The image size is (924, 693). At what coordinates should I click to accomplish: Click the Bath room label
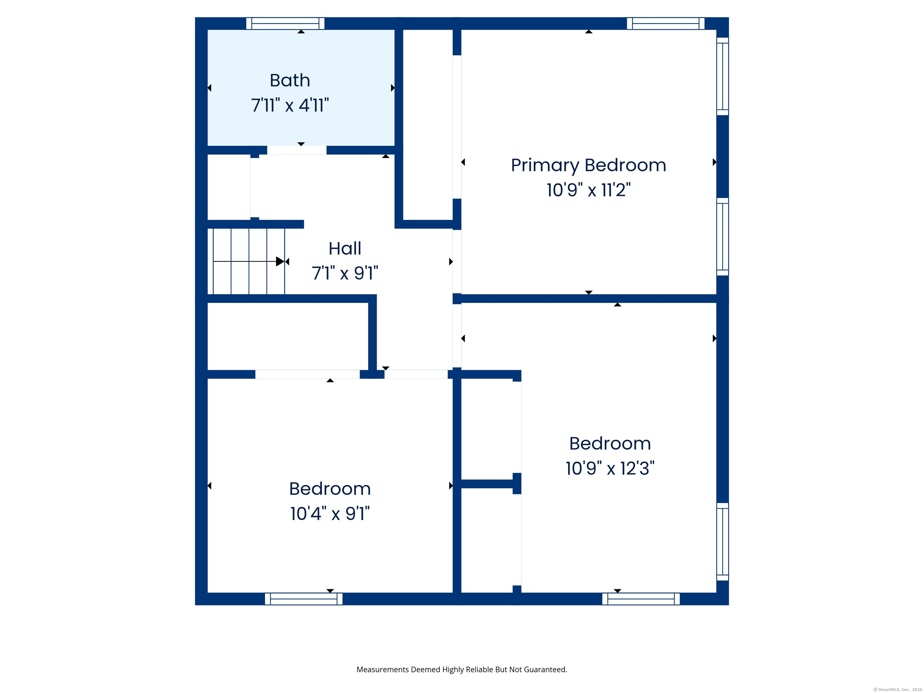click(290, 80)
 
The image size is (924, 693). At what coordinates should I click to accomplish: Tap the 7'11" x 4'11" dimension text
click(290, 105)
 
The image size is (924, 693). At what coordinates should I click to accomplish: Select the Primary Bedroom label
click(589, 165)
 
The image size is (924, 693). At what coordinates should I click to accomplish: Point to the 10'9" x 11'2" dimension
click(589, 190)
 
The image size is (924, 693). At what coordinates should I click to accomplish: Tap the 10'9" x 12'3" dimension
click(610, 468)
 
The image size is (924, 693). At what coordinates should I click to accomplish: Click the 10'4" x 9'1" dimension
click(330, 514)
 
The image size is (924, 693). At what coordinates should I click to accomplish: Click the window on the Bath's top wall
click(285, 23)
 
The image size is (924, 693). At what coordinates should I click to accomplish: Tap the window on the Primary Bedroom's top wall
click(666, 23)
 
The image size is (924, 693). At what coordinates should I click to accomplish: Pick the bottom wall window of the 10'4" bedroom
click(304, 599)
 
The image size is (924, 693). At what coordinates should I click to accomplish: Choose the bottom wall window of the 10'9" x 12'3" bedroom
click(641, 599)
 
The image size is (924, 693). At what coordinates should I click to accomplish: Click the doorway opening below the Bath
click(297, 150)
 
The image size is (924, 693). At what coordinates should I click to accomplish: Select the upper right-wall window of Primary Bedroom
click(723, 76)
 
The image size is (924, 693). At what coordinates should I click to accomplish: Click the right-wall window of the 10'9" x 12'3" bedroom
click(723, 542)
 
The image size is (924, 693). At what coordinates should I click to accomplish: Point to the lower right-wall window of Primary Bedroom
click(723, 237)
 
